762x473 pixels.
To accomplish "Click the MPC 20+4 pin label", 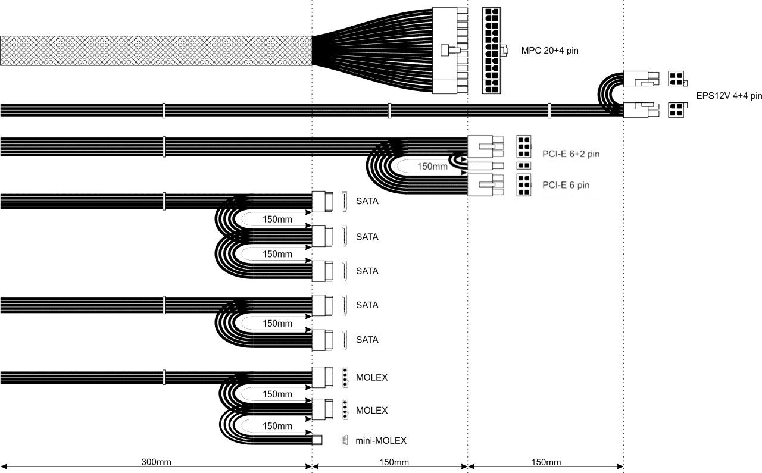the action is click(549, 51).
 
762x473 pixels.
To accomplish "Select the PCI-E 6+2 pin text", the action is click(571, 154).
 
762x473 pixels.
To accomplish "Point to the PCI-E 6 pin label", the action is click(566, 185).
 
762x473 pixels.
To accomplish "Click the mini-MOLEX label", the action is click(381, 441).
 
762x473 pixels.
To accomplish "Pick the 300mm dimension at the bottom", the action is click(156, 462).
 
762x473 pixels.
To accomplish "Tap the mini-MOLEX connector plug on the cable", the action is click(317, 440).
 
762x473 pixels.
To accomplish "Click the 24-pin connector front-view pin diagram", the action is click(492, 51).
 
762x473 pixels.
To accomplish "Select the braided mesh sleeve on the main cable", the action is click(156, 51).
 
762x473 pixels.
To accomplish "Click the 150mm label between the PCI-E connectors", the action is click(432, 166).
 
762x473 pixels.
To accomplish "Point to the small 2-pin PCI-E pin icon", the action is click(523, 165).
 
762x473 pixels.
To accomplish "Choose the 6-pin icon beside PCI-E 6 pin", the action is click(523, 185).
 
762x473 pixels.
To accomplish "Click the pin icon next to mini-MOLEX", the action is click(345, 440).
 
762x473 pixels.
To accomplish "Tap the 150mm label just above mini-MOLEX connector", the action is click(277, 426).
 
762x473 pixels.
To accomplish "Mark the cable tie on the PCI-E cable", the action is click(164, 147).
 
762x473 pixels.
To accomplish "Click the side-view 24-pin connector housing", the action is click(449, 51).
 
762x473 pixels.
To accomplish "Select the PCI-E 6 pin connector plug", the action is click(485, 185).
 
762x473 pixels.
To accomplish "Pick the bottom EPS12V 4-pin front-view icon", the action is click(676, 110).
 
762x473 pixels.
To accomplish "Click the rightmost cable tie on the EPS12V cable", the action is click(549, 111).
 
